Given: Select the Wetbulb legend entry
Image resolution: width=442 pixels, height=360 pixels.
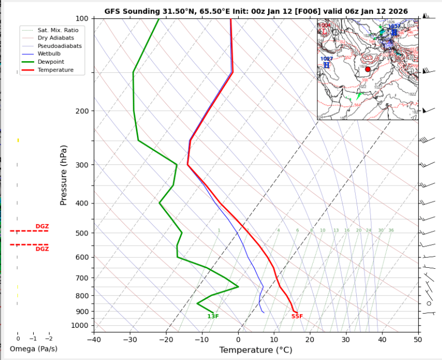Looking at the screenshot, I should [x=48, y=54].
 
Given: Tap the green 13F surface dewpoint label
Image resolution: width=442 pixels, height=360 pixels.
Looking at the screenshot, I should [x=213, y=316].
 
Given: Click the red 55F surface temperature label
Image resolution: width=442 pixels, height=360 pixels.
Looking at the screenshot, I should [x=297, y=316].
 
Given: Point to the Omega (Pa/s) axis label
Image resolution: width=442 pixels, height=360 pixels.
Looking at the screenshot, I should [x=33, y=349].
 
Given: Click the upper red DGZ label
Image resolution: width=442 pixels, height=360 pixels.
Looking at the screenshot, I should [x=42, y=227].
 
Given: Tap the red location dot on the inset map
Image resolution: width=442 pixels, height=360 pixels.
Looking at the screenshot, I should [x=368, y=69].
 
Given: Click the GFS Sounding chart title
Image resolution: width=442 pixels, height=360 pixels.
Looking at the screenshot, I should [x=256, y=11].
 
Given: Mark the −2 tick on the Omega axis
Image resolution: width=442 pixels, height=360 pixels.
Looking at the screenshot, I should [x=49, y=338].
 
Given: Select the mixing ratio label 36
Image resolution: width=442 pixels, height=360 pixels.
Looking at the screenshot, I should [x=391, y=230].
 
